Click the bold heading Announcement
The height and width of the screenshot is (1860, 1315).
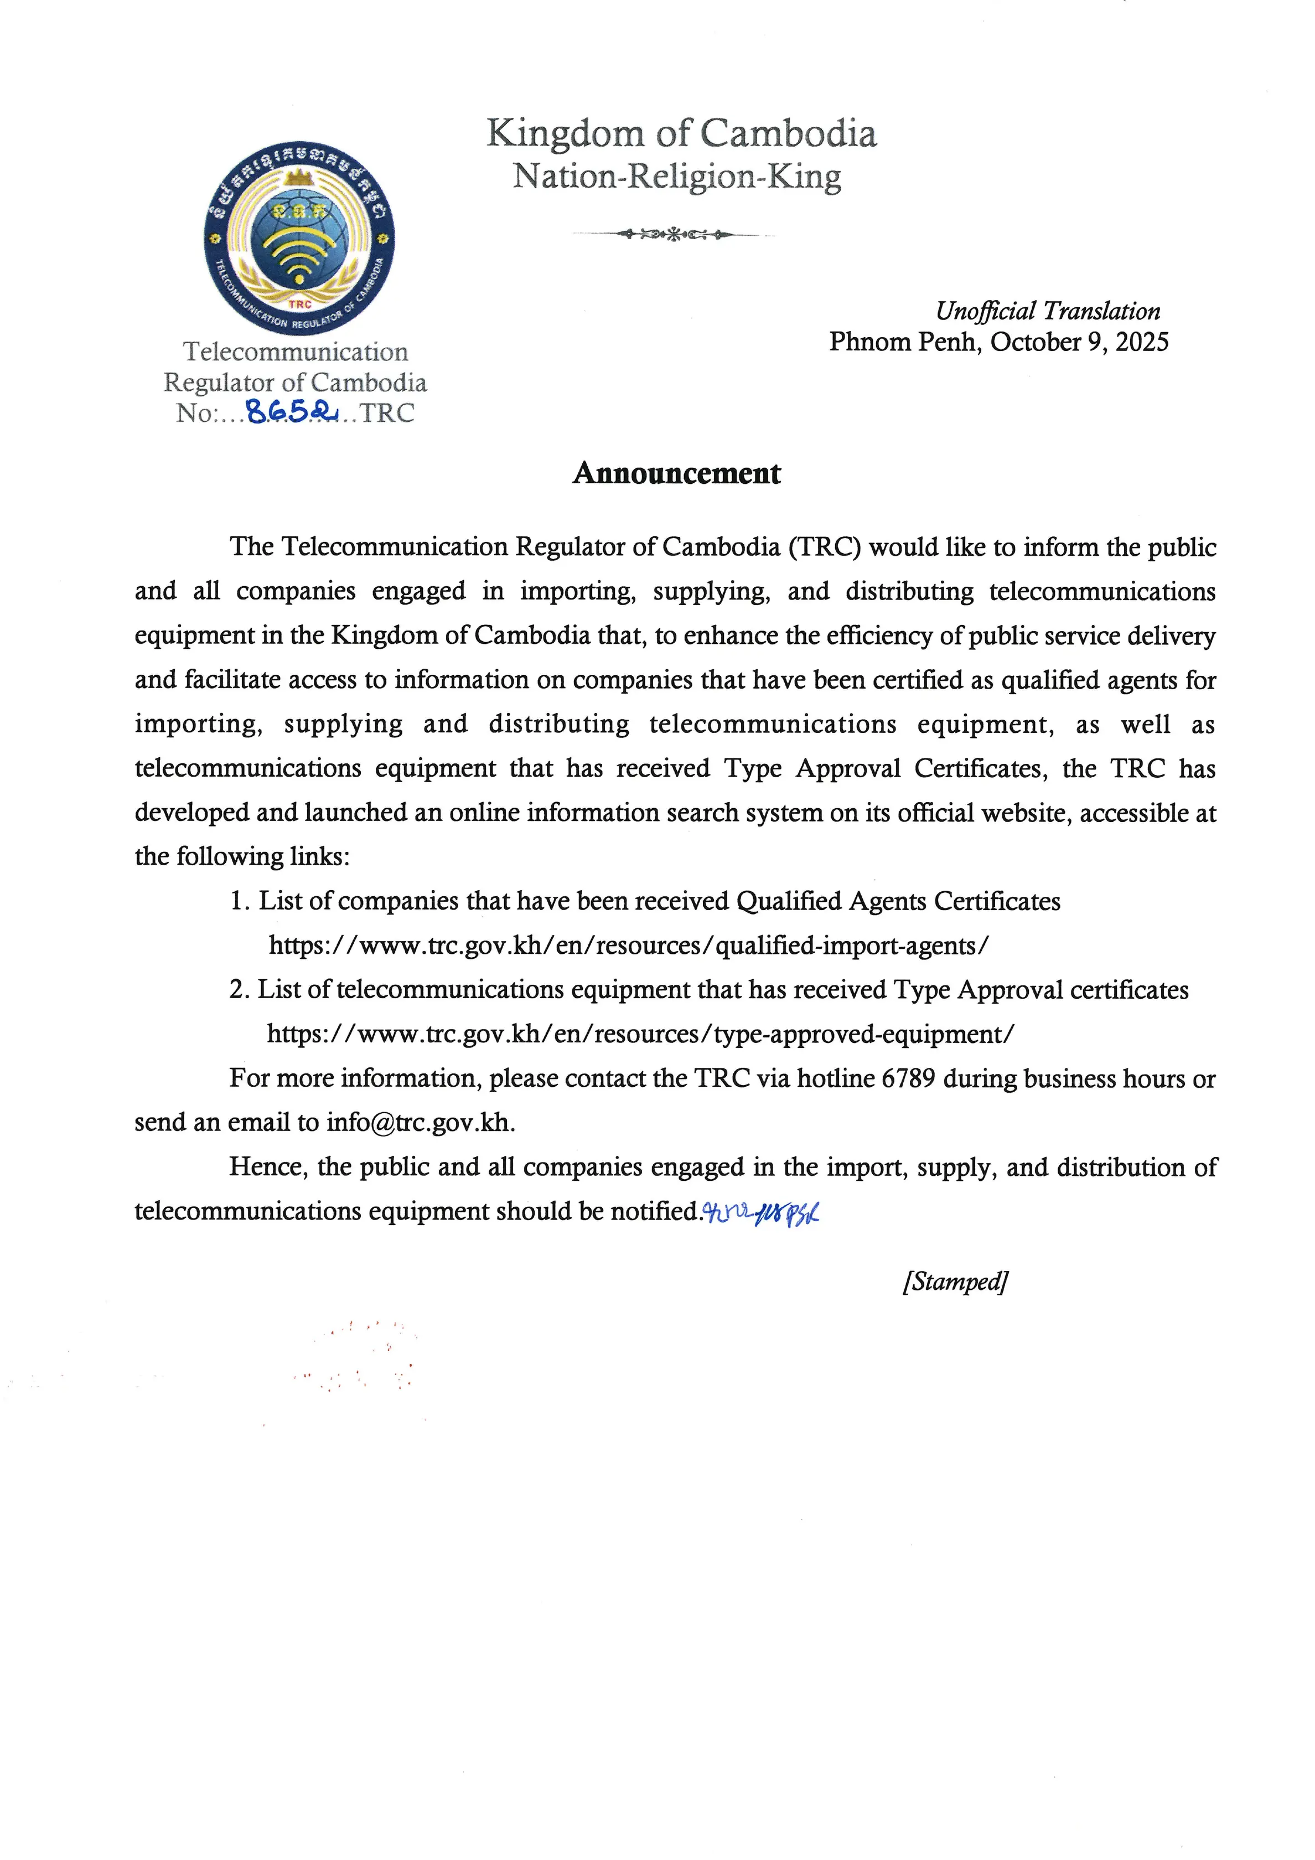click(x=676, y=473)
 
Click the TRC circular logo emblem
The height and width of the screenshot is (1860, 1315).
click(x=299, y=240)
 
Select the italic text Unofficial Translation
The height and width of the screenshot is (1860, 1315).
click(x=1048, y=311)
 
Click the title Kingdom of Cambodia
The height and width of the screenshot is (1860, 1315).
click(x=681, y=133)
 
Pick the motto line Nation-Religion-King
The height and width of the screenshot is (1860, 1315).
click(x=677, y=176)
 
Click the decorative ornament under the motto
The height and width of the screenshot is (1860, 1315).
click(x=674, y=235)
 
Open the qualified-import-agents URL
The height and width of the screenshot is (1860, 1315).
click(x=628, y=945)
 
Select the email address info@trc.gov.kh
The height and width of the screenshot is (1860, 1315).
click(x=420, y=1122)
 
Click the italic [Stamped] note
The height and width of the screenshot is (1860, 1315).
click(x=955, y=1282)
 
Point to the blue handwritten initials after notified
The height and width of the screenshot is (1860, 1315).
click(x=760, y=1212)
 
